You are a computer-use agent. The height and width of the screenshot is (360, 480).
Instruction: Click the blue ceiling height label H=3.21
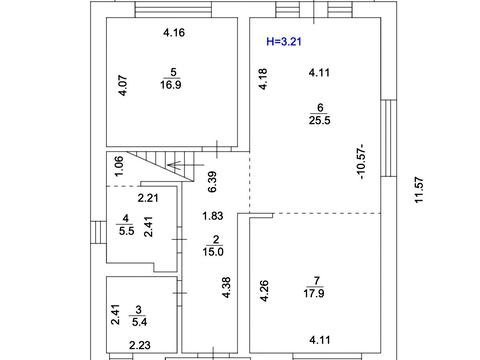284,41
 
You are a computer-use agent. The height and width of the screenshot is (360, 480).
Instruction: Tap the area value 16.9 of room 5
171,85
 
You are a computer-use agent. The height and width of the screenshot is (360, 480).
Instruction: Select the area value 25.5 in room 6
320,120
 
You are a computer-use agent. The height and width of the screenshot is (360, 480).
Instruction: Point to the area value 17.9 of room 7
314,293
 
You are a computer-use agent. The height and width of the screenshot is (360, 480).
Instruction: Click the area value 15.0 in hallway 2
213,252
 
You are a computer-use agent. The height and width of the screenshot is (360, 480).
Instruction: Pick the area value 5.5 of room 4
126,231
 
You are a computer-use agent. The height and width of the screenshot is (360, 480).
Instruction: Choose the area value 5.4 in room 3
139,322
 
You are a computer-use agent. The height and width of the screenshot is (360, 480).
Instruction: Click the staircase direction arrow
185,165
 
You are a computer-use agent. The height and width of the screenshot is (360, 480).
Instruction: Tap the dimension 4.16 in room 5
174,33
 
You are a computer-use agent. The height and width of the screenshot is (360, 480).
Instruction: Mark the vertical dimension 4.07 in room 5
123,86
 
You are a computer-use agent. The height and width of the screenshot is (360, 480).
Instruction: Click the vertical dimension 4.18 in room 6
263,79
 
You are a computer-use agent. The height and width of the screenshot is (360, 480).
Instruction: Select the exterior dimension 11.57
419,190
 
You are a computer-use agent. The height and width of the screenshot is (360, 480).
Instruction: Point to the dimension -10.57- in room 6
361,162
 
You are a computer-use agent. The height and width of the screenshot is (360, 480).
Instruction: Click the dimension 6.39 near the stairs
212,182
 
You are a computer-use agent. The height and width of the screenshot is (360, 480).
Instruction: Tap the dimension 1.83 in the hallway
213,216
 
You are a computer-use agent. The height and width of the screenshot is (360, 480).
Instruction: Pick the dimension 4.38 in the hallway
226,287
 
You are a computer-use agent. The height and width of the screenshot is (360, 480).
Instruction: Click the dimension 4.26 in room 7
264,291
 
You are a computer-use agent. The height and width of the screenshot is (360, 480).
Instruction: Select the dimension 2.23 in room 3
140,345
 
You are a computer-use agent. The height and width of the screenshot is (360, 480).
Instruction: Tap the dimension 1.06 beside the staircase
119,166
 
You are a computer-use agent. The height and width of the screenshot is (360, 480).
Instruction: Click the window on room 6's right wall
389,138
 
